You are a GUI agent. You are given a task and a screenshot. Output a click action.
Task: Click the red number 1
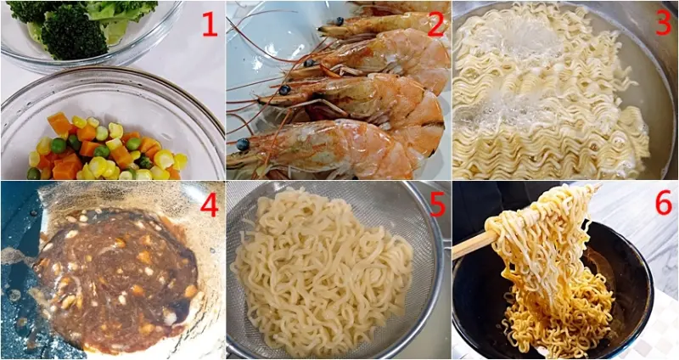210,24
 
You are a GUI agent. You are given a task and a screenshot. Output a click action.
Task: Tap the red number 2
436,25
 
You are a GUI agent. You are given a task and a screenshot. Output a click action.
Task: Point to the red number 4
209,205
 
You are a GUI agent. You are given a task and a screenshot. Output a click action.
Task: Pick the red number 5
437,205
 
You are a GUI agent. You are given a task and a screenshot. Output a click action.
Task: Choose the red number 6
664,203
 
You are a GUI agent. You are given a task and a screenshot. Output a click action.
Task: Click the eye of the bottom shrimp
243,144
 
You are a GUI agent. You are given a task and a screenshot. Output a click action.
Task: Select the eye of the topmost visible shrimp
339,20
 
